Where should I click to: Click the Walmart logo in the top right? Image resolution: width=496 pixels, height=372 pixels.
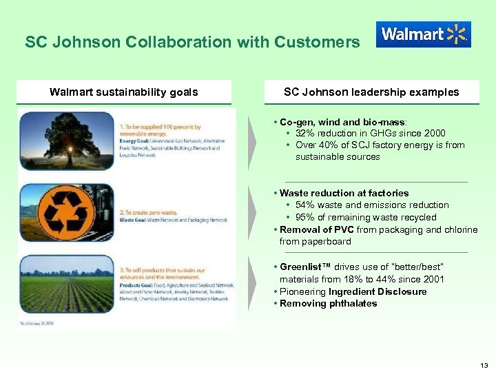(423, 34)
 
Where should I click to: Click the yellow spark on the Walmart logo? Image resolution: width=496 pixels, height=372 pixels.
(457, 34)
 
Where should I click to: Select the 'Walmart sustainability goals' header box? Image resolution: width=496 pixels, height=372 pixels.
(124, 92)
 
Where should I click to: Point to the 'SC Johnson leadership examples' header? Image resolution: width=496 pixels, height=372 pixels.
(371, 92)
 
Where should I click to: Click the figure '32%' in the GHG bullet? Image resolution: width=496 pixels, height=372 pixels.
(306, 134)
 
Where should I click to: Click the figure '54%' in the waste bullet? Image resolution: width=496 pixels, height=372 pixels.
(306, 205)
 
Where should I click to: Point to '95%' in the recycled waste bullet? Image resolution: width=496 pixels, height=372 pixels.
(306, 218)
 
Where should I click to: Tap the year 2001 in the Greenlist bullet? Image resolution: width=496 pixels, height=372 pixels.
(433, 280)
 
